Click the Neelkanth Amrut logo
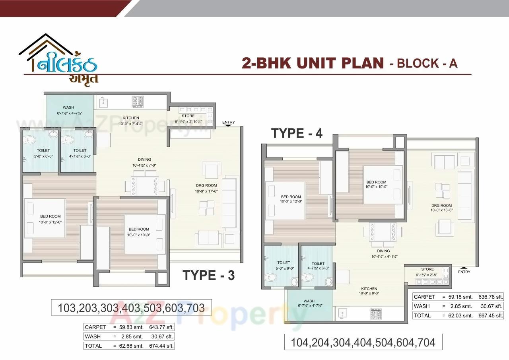[60, 60]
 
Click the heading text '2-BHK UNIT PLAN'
[313, 63]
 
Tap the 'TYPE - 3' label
[208, 275]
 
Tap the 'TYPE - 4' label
[297, 133]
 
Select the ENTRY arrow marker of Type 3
[228, 125]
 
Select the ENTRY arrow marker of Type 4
[464, 267]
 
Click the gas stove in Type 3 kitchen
[138, 102]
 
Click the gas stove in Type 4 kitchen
[376, 313]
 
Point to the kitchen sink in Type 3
[103, 102]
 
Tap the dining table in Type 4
[383, 232]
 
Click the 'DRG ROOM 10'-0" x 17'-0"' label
[206, 188]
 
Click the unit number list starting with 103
[131, 308]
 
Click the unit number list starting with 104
[363, 342]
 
